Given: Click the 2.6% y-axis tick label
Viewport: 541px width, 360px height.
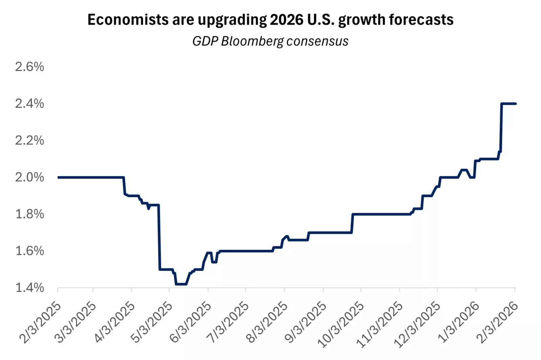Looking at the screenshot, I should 29,67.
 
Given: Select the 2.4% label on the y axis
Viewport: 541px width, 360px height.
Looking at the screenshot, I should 29,104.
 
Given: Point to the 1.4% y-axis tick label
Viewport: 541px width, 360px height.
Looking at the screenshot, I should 29,288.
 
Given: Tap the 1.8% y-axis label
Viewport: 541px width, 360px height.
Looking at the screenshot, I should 29,214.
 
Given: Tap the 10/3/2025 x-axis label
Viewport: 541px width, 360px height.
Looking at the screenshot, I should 341,325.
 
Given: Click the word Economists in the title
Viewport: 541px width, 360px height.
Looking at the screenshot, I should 128,20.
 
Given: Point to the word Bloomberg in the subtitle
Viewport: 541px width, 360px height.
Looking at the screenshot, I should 253,41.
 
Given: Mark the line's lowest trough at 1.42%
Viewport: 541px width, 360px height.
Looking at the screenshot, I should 181,284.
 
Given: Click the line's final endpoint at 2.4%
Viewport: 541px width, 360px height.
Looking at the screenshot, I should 515,104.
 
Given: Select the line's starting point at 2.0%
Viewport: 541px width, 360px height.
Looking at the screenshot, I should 58,177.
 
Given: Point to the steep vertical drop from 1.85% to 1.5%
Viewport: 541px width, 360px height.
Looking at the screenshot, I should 159,237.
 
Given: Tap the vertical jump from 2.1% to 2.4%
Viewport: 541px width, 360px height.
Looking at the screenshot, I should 501,129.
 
